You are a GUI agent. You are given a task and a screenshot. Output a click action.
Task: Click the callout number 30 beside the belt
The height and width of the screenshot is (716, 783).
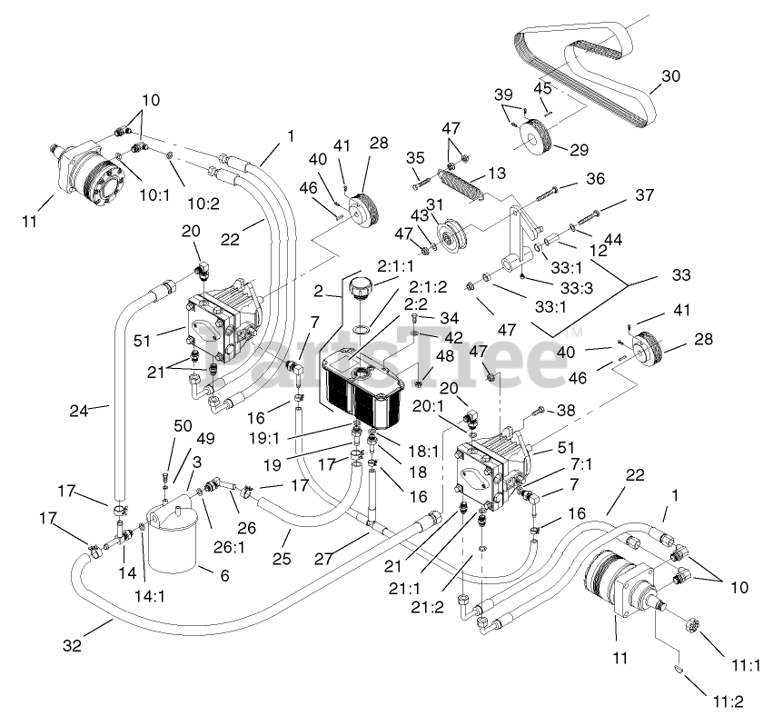pyautogui.click(x=670, y=76)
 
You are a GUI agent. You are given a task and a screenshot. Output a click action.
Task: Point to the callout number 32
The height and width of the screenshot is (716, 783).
pyautogui.click(x=73, y=645)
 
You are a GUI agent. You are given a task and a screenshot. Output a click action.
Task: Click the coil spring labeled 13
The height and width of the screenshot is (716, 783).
pyautogui.click(x=460, y=184)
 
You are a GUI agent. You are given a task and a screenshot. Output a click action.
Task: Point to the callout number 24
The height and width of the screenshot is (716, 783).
pyautogui.click(x=79, y=411)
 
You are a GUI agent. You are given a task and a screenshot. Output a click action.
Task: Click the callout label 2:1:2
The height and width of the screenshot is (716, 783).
pyautogui.click(x=428, y=287)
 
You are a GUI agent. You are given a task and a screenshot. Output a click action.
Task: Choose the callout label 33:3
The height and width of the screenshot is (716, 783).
pyautogui.click(x=576, y=288)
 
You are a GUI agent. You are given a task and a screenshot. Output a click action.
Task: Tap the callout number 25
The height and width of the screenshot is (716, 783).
pyautogui.click(x=282, y=558)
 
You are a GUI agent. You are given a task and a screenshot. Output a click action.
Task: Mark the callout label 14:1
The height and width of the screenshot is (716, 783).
pyautogui.click(x=150, y=595)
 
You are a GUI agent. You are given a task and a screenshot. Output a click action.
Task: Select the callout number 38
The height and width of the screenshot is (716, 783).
pyautogui.click(x=566, y=410)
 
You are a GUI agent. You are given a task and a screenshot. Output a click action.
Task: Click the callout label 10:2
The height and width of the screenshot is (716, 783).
pyautogui.click(x=203, y=203)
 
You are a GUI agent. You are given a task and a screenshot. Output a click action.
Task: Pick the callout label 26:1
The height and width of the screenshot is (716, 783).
pyautogui.click(x=229, y=548)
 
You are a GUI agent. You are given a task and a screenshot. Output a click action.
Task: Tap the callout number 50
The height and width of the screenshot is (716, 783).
pyautogui.click(x=183, y=425)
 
